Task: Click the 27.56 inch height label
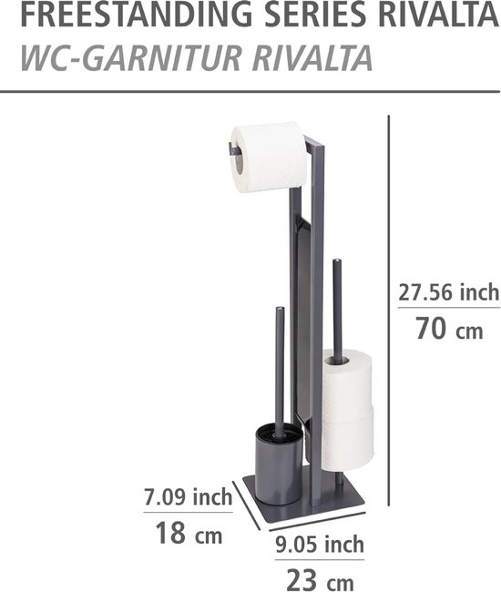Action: pyautogui.click(x=449, y=292)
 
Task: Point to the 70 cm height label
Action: pyautogui.click(x=449, y=329)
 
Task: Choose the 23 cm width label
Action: pyautogui.click(x=318, y=579)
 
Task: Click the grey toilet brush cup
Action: pyautogui.click(x=278, y=469)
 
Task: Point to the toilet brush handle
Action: pyautogui.click(x=280, y=364)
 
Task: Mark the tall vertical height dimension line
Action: pyautogui.click(x=390, y=310)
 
